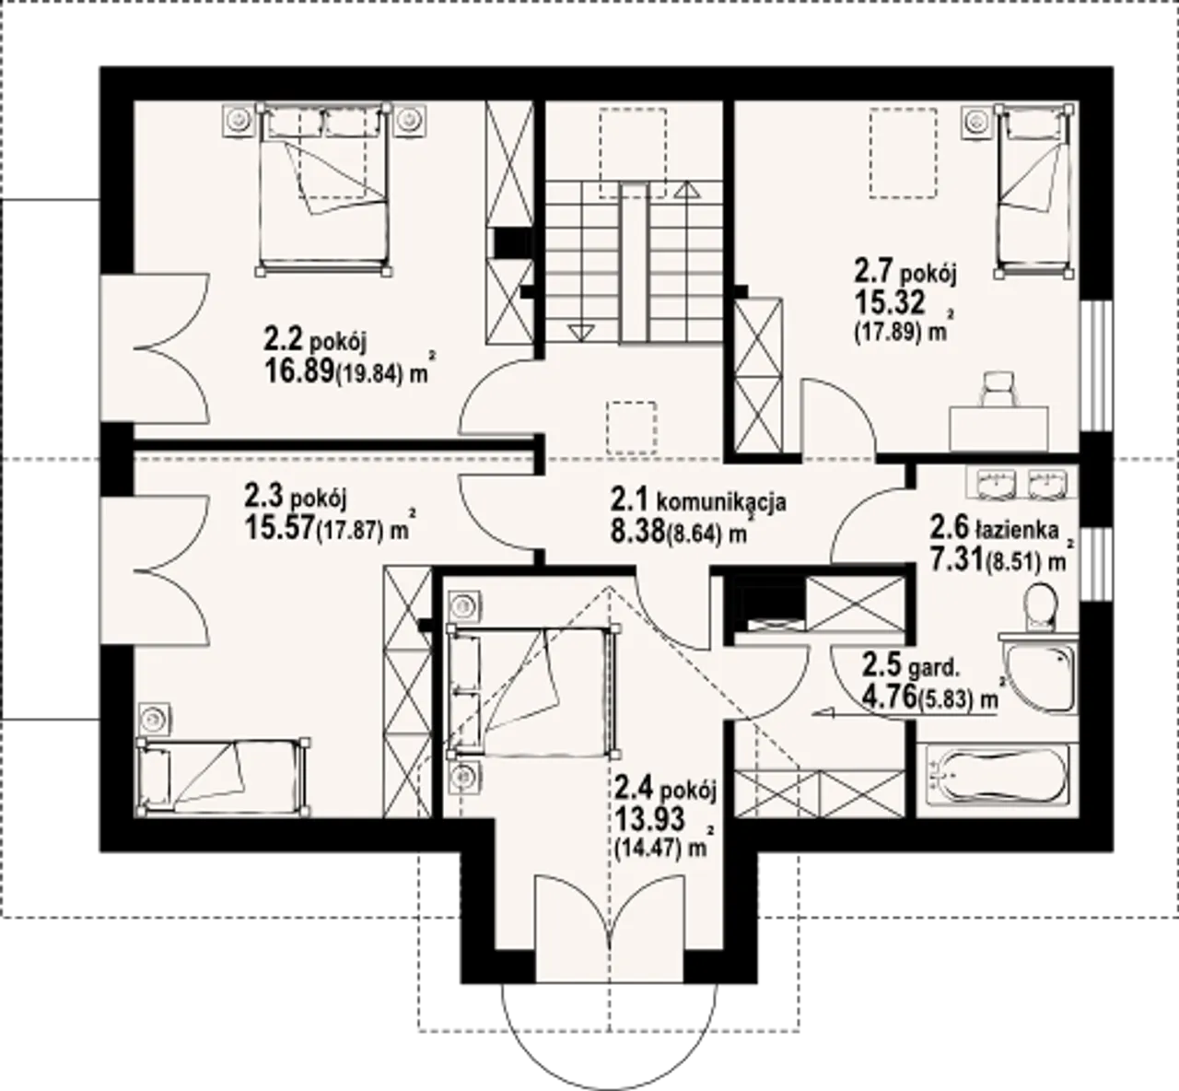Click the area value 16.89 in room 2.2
[298, 371]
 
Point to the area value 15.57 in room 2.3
[278, 527]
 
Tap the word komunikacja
[721, 502]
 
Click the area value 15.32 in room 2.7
[889, 303]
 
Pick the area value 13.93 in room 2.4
[649, 819]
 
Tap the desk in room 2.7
[998, 428]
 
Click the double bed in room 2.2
[323, 189]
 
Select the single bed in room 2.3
[223, 778]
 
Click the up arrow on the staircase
[687, 190]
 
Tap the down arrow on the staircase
[580, 333]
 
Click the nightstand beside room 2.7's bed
[976, 123]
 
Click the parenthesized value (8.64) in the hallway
[694, 534]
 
